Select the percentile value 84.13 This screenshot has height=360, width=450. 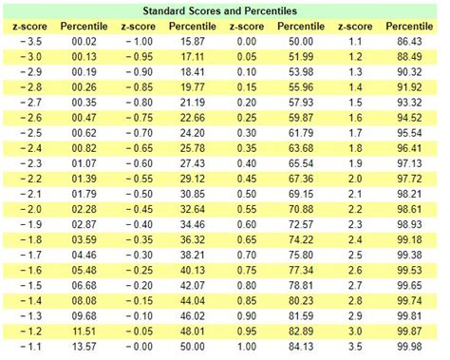(x=303, y=346)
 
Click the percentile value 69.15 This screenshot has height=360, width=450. (x=303, y=194)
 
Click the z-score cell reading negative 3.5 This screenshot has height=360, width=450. (x=29, y=43)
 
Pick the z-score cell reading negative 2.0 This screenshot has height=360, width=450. (x=29, y=208)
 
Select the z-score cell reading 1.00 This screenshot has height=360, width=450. (x=250, y=346)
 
